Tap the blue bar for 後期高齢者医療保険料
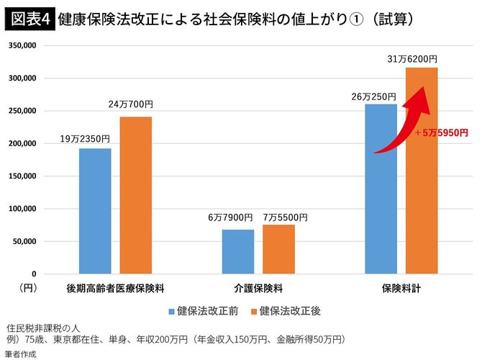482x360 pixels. point(95,211)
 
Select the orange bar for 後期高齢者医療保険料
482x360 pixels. point(136,195)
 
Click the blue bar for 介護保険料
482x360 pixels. point(237,251)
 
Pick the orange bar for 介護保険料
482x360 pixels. point(278,249)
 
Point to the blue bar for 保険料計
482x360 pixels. point(381,189)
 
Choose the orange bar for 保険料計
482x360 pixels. point(422,171)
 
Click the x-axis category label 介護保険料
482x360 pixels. point(258,288)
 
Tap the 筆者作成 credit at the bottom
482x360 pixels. point(20,354)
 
